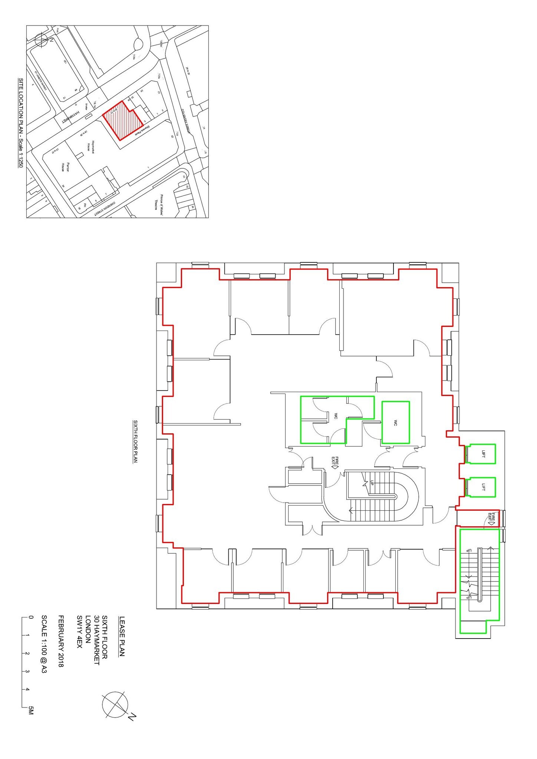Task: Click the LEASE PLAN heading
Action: (x=122, y=636)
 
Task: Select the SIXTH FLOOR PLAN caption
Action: (x=135, y=441)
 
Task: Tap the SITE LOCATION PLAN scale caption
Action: (x=21, y=123)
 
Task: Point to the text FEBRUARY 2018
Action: (x=61, y=642)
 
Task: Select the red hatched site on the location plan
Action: (x=122, y=120)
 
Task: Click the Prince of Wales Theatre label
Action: (x=159, y=202)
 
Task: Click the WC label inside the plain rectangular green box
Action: (x=395, y=422)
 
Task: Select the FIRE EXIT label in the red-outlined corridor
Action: (x=491, y=518)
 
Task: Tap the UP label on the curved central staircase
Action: (x=371, y=483)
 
